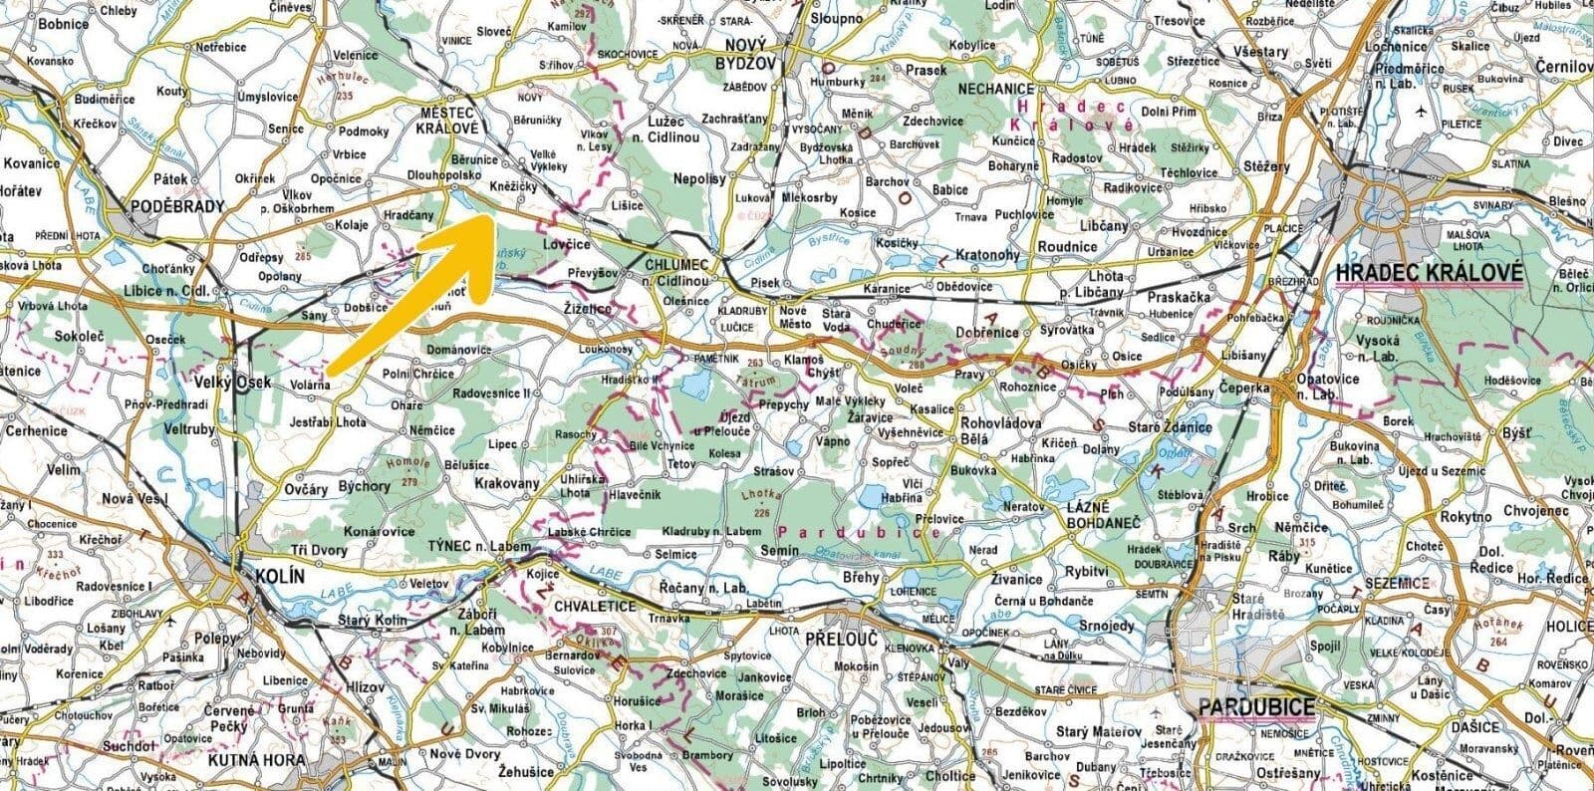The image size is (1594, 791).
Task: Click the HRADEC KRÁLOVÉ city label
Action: pos(1430,272)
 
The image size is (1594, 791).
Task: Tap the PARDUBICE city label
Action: pos(1255,707)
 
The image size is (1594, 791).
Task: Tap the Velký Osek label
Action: pos(232,383)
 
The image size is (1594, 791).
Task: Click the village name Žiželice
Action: pos(593,311)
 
